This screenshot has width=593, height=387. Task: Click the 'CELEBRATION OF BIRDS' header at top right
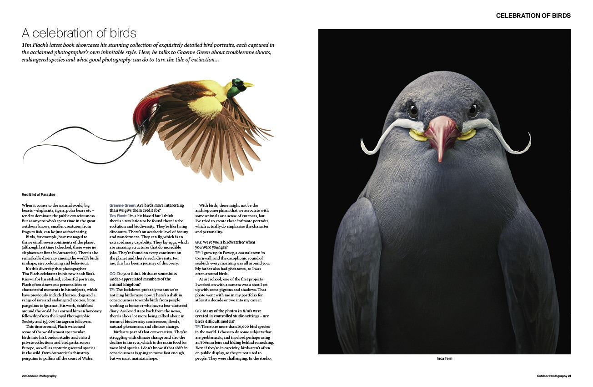pyautogui.click(x=533, y=15)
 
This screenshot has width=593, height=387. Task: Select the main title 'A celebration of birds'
pyautogui.click(x=79, y=33)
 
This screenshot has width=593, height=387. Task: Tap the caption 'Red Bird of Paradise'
pyautogui.click(x=39, y=194)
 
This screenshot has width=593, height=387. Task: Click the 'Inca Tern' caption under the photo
pyautogui.click(x=444, y=358)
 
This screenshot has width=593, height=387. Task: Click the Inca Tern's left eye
pyautogui.click(x=412, y=110)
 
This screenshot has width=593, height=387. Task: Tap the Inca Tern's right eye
pyautogui.click(x=473, y=109)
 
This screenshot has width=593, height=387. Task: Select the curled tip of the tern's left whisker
pyautogui.click(x=363, y=147)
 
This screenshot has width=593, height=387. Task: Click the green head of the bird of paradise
pyautogui.click(x=236, y=87)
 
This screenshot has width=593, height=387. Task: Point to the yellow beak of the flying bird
pyautogui.click(x=248, y=84)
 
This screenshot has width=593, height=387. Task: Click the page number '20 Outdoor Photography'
pyautogui.click(x=39, y=376)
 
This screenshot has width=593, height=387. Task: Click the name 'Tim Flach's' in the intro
pyautogui.click(x=37, y=46)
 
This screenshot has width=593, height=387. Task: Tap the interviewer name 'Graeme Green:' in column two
pyautogui.click(x=123, y=205)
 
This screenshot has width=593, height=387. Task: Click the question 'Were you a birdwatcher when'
pyautogui.click(x=225, y=242)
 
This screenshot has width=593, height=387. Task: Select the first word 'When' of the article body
pyautogui.click(x=28, y=205)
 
